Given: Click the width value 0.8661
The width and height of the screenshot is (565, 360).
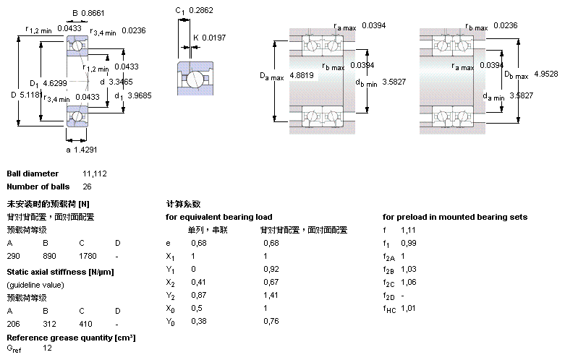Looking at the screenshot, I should coord(93,13).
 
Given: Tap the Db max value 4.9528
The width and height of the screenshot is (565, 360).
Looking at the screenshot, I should coord(546,74).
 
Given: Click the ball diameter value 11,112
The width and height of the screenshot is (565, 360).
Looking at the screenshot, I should coord(95,174).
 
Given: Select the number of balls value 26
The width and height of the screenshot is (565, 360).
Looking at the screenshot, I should coord(88,187).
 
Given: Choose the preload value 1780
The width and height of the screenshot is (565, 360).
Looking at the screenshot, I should coord(87,256).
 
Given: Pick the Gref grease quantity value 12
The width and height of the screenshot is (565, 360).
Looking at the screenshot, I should coord(48,348).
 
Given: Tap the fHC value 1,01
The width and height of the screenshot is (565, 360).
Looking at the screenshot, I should coord(409,309).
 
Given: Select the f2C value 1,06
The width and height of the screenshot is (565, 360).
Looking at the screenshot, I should coord(409,282).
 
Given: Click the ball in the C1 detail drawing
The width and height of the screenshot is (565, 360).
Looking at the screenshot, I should coord(195,79).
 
